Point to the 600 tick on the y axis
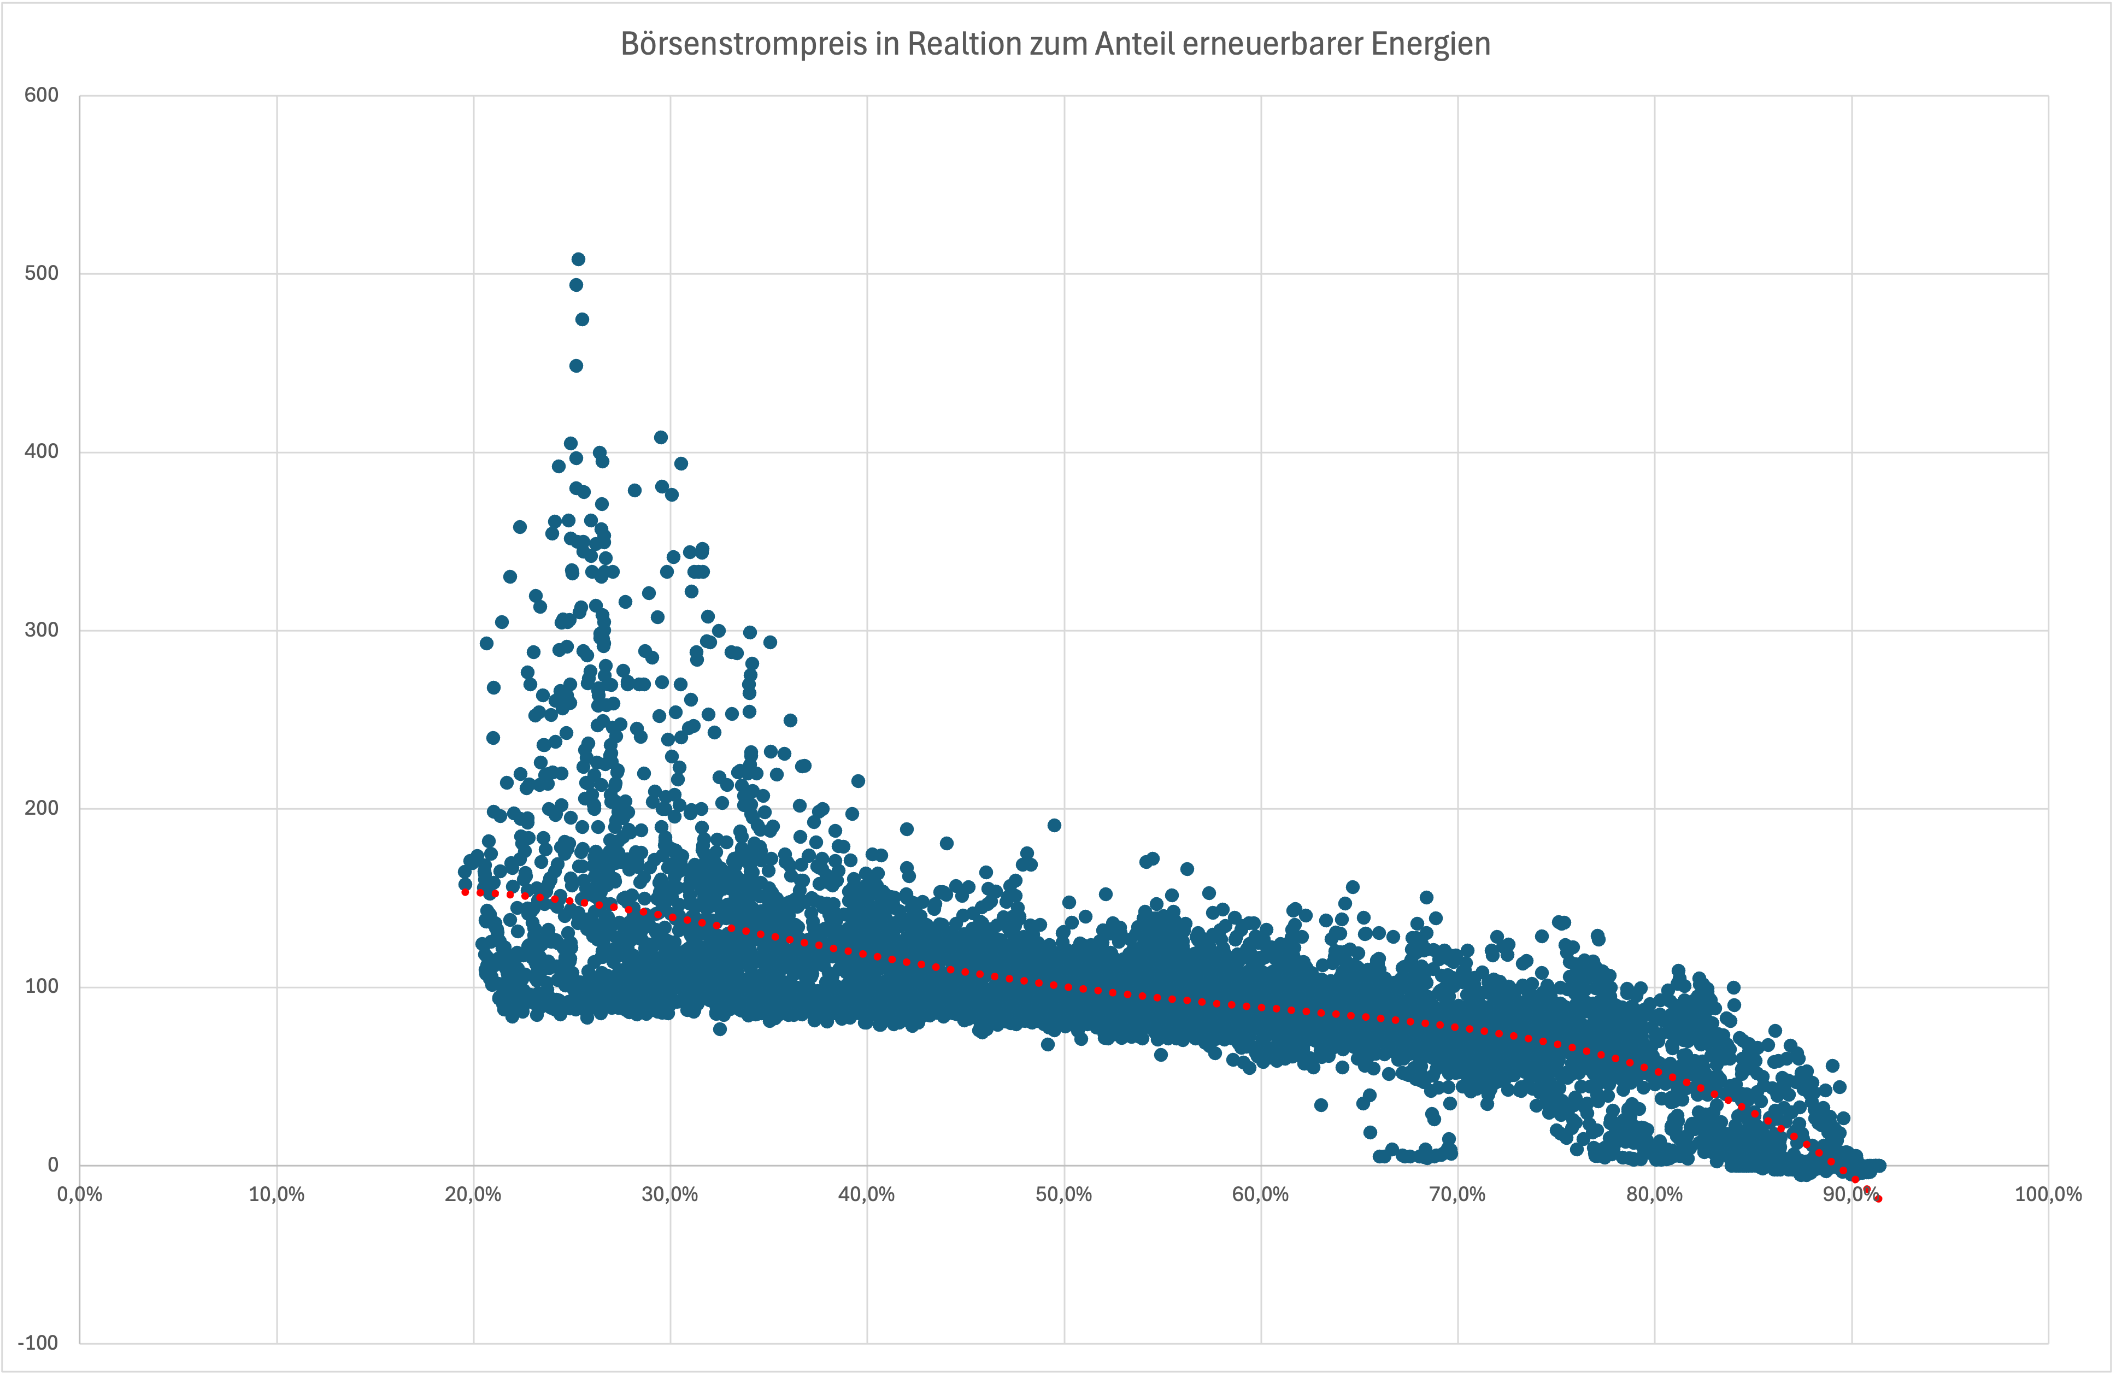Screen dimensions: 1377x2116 (42, 95)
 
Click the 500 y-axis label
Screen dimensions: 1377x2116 (42, 273)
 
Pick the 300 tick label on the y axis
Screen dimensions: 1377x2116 (42, 629)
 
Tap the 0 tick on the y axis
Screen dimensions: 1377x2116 (52, 1164)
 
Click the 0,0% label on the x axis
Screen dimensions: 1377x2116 (80, 1194)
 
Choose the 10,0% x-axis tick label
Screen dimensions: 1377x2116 (277, 1194)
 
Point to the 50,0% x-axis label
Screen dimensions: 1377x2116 (1063, 1194)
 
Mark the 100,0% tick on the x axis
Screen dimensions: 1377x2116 (2048, 1194)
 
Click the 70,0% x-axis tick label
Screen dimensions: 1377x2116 (1457, 1194)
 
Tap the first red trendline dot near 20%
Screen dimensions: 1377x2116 (465, 891)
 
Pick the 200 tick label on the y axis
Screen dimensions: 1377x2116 (42, 808)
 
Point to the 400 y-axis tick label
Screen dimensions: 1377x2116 (42, 451)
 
